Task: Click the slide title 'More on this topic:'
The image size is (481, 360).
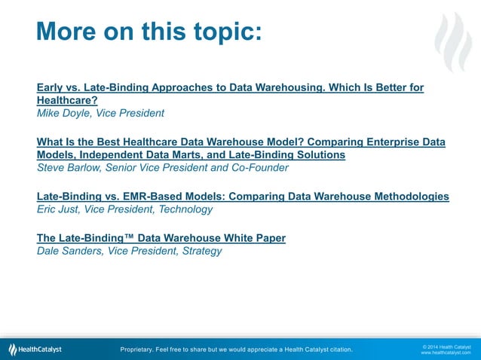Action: point(149,32)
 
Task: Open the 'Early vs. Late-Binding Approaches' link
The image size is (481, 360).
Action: point(230,88)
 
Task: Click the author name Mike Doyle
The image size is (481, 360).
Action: point(64,113)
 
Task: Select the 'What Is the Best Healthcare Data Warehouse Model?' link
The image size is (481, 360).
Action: point(241,142)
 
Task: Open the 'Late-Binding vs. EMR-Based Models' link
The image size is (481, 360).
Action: point(243,197)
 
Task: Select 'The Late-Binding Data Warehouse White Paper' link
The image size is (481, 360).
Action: point(161,238)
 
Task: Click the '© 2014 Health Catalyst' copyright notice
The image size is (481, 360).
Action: point(446,346)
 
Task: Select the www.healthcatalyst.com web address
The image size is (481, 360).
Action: point(446,352)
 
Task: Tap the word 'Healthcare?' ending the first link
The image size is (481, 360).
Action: point(67,100)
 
